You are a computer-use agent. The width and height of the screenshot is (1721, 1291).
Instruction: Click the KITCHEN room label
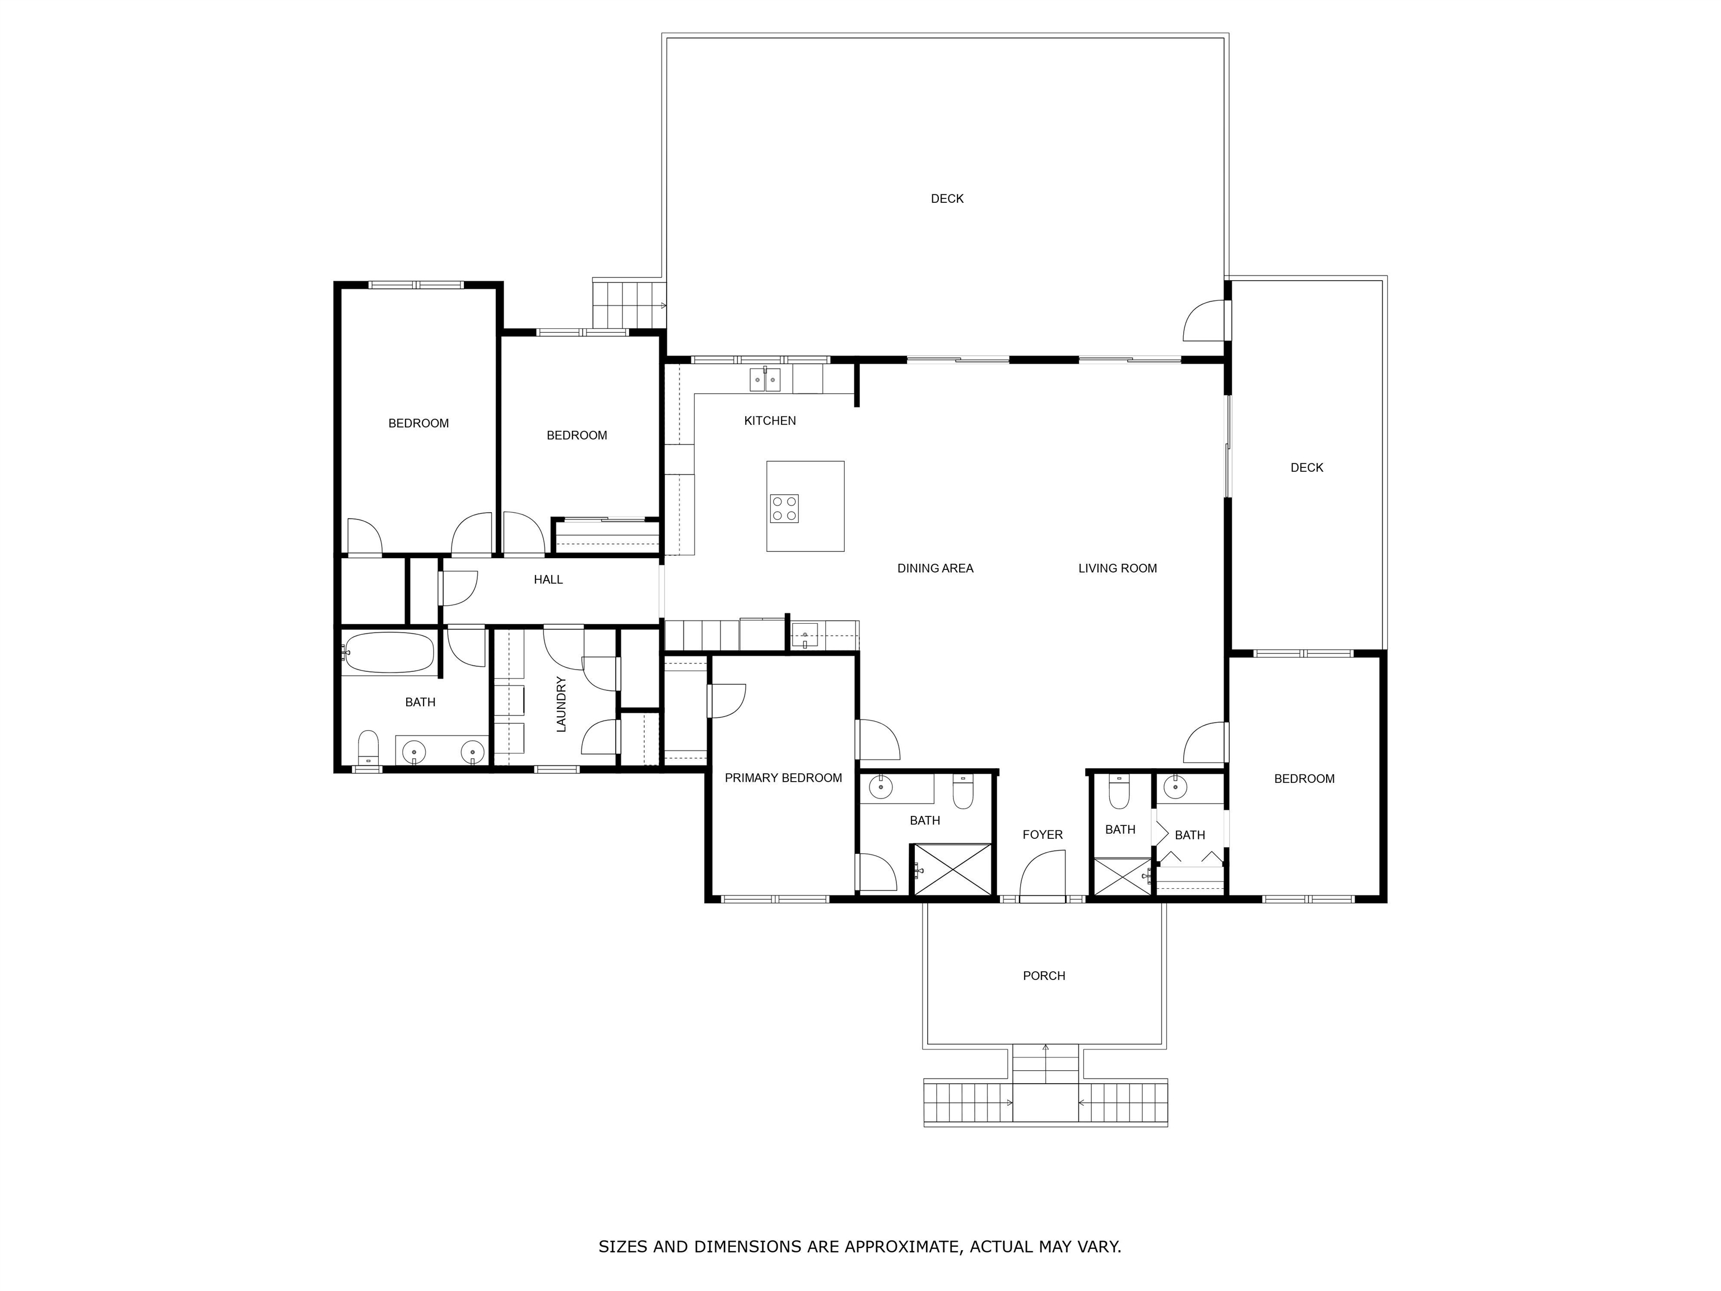pos(770,421)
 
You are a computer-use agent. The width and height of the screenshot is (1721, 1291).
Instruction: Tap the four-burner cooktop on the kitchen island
pos(784,509)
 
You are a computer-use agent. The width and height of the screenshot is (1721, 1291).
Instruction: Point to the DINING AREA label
pos(935,569)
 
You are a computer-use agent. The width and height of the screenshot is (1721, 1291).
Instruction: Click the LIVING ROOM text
pos(1117,569)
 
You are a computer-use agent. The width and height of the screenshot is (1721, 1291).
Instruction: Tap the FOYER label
pos(1043,835)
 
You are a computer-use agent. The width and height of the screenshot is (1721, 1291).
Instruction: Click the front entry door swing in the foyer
pos(1043,875)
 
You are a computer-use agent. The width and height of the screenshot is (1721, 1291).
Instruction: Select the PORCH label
pos(1044,976)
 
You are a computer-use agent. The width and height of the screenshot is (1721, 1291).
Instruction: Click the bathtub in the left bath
pos(388,652)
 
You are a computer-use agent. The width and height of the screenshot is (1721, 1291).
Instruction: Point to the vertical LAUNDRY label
pos(561,704)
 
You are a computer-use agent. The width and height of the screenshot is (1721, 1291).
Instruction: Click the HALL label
pos(548,580)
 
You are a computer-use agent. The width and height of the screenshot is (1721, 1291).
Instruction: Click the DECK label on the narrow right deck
pos(1307,468)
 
